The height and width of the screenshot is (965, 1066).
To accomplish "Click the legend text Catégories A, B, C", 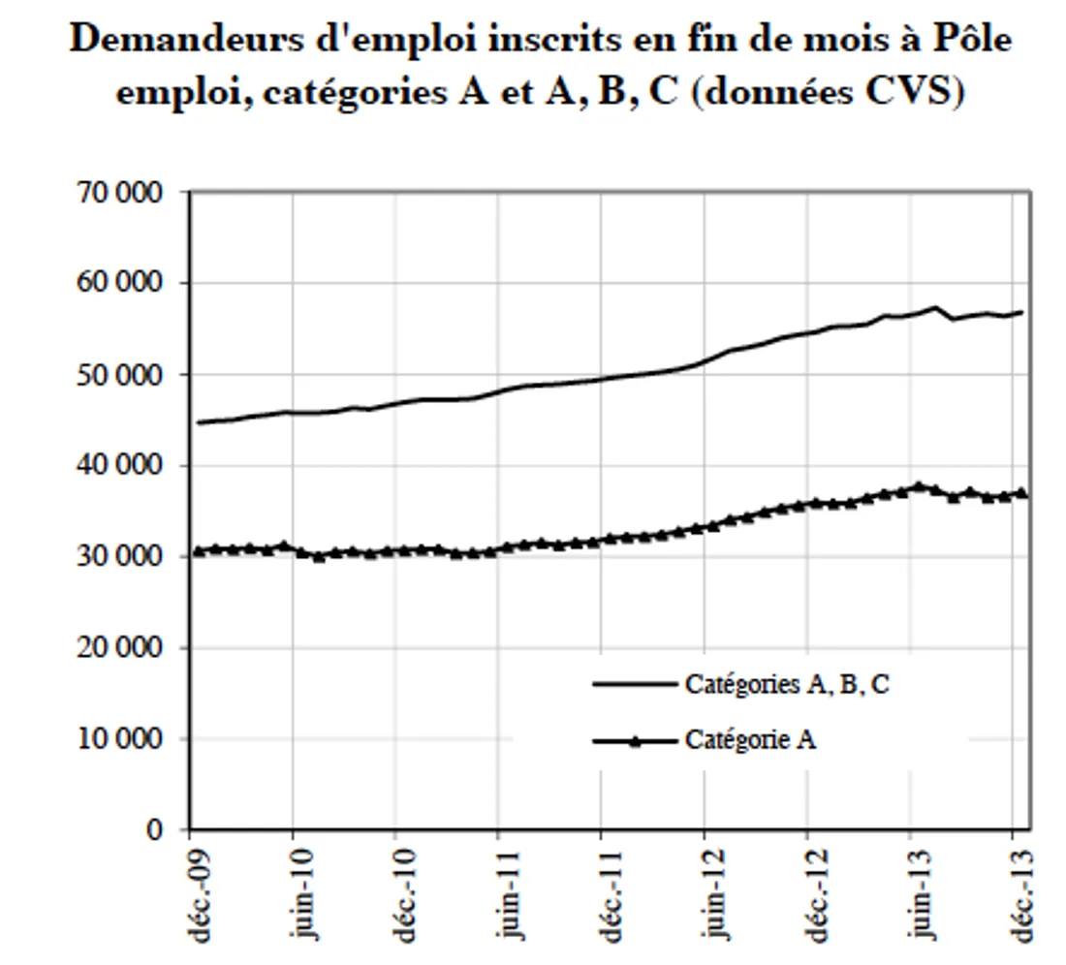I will click(786, 684).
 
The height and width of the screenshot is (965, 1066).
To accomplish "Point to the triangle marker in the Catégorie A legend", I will click(634, 741).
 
